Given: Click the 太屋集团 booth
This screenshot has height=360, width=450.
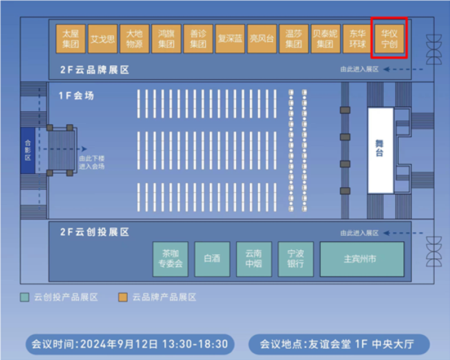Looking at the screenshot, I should point(71,38).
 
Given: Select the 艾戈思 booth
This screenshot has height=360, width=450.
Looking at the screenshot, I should point(103,38).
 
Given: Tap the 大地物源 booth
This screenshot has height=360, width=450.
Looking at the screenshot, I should point(134,38).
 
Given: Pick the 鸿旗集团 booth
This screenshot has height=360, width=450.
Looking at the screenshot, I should point(166,38).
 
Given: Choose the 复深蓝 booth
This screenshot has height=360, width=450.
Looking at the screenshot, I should point(229,38).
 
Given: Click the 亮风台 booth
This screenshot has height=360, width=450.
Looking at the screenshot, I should point(262,38).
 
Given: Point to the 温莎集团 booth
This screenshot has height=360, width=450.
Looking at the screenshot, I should point(294,38).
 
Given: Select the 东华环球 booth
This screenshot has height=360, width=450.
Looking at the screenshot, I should point(357,38).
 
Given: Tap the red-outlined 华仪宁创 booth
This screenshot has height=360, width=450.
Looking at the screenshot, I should point(389,38).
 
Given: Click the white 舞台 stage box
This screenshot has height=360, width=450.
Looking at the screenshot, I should point(380,151).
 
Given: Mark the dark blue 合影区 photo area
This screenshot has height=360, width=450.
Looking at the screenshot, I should point(28,150).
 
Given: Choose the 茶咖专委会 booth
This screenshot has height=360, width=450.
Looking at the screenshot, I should point(170,259).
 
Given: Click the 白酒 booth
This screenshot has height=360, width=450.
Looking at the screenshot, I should point(212,259).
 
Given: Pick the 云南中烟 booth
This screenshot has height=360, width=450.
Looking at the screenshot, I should point(253,259).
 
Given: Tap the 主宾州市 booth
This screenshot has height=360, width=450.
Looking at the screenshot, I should point(362,259).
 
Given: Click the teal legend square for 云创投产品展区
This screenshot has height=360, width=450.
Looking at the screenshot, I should point(24,297).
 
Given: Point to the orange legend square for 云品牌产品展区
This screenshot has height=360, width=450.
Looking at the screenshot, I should point(123,297).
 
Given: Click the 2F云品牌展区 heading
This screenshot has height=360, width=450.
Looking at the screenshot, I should point(95,70).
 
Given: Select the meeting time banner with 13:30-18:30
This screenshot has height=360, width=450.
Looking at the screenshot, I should point(129,343).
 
